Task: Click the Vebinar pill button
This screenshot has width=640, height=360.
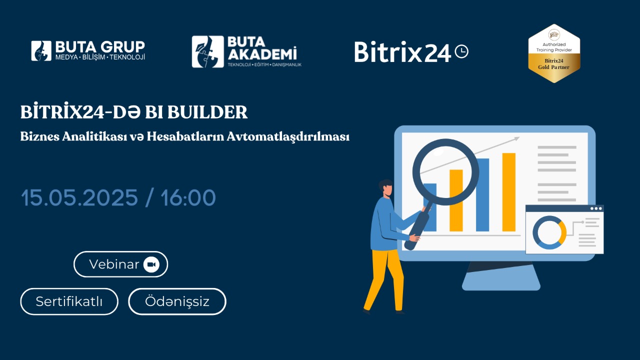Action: pyautogui.click(x=120, y=264)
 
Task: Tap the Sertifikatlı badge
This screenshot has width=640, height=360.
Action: pyautogui.click(x=69, y=301)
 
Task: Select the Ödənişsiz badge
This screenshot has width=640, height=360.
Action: pyautogui.click(x=177, y=301)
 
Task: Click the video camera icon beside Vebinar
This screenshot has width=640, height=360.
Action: pyautogui.click(x=151, y=264)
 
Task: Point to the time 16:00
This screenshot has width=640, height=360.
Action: pyautogui.click(x=188, y=197)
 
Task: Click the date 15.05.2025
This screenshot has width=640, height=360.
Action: pyautogui.click(x=79, y=197)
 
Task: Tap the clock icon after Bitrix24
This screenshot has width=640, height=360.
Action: pyautogui.click(x=461, y=51)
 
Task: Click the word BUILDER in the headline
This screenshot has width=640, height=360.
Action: pyautogui.click(x=207, y=112)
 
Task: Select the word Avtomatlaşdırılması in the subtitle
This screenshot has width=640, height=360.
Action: pyautogui.click(x=288, y=137)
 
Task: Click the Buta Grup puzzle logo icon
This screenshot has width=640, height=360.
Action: pyautogui.click(x=41, y=51)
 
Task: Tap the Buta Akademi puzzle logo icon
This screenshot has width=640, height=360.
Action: pyautogui.click(x=207, y=51)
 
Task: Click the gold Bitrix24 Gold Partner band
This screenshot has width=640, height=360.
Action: pyautogui.click(x=554, y=64)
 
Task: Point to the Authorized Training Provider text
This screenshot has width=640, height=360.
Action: pyautogui.click(x=554, y=47)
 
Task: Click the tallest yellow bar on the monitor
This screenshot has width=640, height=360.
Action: pyautogui.click(x=509, y=192)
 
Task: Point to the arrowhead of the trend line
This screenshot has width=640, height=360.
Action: pyautogui.click(x=516, y=139)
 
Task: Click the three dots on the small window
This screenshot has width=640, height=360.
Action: pyautogui.click(x=596, y=208)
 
